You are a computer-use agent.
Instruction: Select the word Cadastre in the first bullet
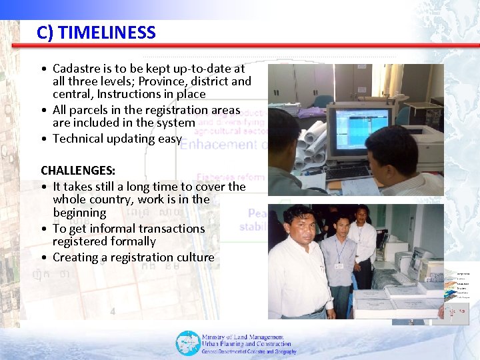pyautogui.click(x=76, y=69)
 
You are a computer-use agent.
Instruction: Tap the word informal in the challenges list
pyautogui.click(x=115, y=229)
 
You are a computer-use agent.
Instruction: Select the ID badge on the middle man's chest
pyautogui.click(x=339, y=265)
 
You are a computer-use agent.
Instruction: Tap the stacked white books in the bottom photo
pyautogui.click(x=393, y=303)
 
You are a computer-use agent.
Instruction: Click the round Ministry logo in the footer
pyautogui.click(x=187, y=343)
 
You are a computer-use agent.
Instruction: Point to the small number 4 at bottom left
pyautogui.click(x=113, y=311)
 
